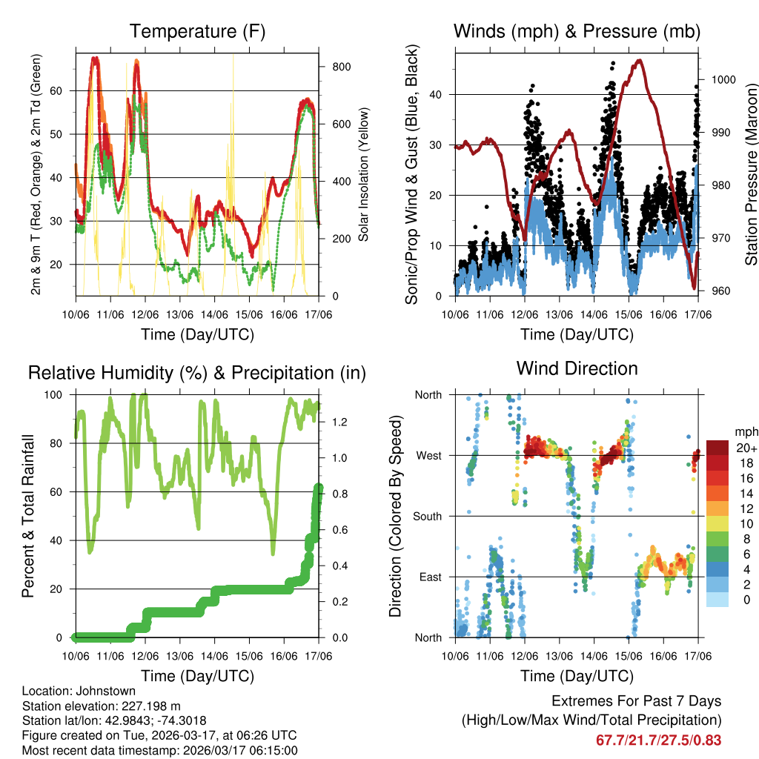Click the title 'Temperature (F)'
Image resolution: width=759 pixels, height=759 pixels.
pos(197,32)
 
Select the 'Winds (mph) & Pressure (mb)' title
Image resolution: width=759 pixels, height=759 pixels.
pos(577,32)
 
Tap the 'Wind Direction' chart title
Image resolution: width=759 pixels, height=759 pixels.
pos(577,368)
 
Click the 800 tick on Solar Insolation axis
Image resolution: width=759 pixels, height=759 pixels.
pos(341,67)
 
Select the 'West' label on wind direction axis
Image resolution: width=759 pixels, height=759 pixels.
pos(428,456)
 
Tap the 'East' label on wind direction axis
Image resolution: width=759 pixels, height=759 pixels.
pos(429,577)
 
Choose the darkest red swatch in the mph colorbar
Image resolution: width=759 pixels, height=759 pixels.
pos(717,448)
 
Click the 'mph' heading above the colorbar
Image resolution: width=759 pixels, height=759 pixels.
pos(746,431)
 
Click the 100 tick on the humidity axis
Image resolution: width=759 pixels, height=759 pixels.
pos(59,395)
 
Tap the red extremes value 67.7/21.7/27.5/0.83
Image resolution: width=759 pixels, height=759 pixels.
pos(658,740)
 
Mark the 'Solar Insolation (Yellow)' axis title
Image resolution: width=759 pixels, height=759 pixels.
pos(364,176)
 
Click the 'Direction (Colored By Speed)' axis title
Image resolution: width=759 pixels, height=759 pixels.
pos(395,516)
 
